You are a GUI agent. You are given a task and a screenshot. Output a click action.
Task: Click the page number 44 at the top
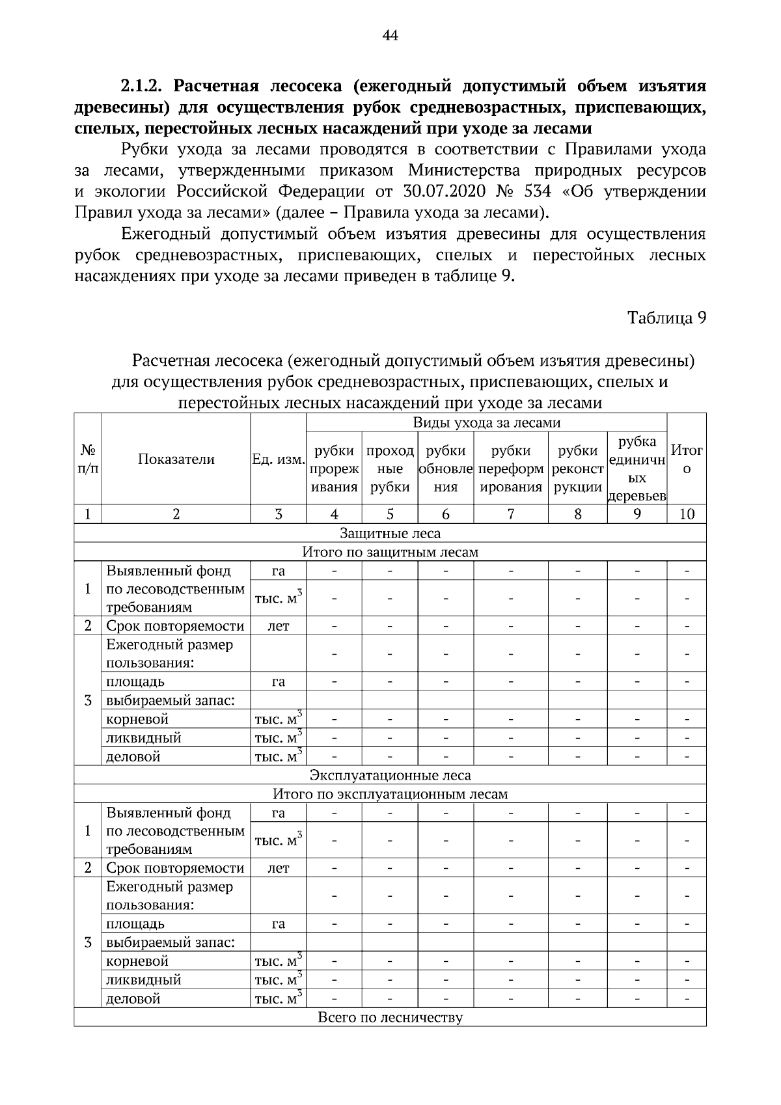pyautogui.click(x=390, y=35)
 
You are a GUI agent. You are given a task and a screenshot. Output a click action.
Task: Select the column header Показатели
pyautogui.click(x=176, y=459)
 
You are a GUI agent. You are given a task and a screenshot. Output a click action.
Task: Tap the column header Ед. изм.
pyautogui.click(x=279, y=460)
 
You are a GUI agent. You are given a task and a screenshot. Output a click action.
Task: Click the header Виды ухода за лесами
pyautogui.click(x=486, y=423)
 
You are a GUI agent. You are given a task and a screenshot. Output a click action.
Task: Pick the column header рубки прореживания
pyautogui.click(x=334, y=469)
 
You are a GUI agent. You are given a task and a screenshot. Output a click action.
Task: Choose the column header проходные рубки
pyautogui.click(x=390, y=469)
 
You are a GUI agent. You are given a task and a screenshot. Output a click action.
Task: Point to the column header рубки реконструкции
pyautogui.click(x=577, y=469)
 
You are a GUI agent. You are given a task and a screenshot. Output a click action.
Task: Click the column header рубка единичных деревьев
pyautogui.click(x=637, y=469)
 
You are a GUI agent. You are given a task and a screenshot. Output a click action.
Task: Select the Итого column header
pyautogui.click(x=687, y=459)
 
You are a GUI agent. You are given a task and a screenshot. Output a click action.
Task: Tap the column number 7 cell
pyautogui.click(x=511, y=514)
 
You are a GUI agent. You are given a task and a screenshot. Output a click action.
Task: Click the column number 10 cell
pyautogui.click(x=687, y=514)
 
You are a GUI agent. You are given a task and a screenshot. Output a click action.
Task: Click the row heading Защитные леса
pyautogui.click(x=390, y=534)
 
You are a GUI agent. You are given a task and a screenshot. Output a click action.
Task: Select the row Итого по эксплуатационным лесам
pyautogui.click(x=390, y=794)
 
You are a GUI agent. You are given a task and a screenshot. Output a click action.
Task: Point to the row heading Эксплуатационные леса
pyautogui.click(x=390, y=775)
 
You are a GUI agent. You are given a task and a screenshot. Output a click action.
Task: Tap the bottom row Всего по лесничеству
pyautogui.click(x=390, y=1018)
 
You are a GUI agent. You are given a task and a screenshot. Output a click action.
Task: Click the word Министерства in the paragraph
pyautogui.click(x=464, y=171)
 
